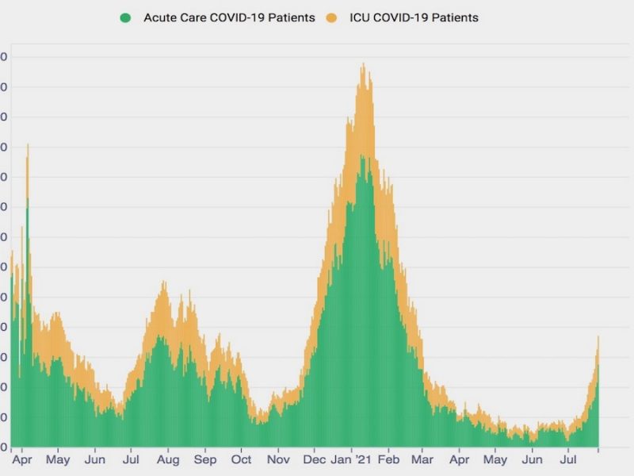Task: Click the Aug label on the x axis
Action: (168, 459)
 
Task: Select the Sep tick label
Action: (205, 459)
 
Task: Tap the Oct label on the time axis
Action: (242, 459)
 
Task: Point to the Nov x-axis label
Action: (278, 459)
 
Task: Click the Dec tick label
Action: (315, 459)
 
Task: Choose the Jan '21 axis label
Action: (351, 459)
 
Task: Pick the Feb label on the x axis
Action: (388, 459)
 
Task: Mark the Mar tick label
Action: (423, 459)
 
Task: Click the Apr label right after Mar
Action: (460, 459)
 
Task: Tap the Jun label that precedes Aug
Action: (95, 459)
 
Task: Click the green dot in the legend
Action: (125, 17)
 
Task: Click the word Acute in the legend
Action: (159, 17)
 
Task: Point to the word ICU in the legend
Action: (360, 17)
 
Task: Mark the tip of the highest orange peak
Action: (363, 63)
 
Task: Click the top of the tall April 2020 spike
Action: (28, 144)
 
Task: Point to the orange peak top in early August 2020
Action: (163, 282)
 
